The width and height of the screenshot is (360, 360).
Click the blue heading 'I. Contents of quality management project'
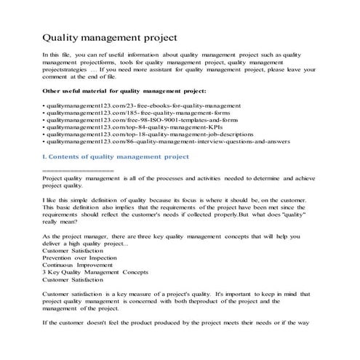click(116, 156)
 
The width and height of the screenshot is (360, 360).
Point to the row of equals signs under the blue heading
click(78, 171)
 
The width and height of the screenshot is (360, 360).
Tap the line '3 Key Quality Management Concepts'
click(96, 273)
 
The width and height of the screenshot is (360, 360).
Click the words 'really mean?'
click(61, 225)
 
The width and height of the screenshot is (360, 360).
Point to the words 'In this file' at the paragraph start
click(60, 55)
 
